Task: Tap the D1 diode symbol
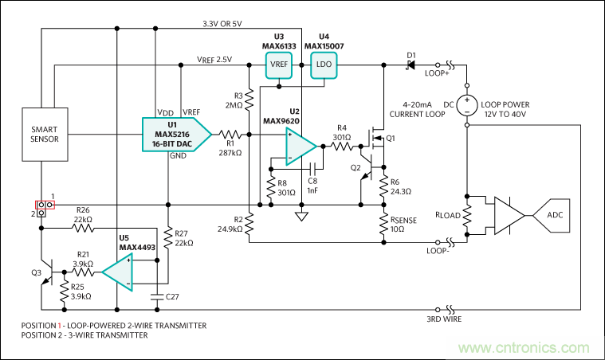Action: click(411, 65)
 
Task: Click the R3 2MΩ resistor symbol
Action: click(249, 100)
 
